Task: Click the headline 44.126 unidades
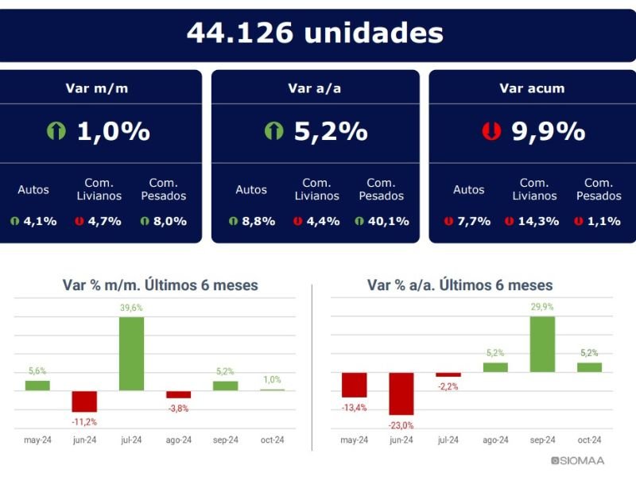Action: [315, 33]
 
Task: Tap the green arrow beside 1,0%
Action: [56, 131]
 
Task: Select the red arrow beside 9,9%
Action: [491, 131]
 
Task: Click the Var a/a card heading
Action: [315, 88]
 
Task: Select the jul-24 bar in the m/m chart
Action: [131, 353]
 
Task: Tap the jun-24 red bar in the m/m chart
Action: [84, 401]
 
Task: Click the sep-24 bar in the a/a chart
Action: [542, 344]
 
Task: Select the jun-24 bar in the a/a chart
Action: [401, 394]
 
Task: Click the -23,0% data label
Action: [401, 425]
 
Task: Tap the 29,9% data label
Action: [542, 308]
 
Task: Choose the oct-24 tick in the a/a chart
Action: [589, 440]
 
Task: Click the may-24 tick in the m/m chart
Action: [37, 440]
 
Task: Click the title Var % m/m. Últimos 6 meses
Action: [160, 285]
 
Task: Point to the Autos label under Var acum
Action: [469, 190]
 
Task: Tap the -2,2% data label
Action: [448, 386]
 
